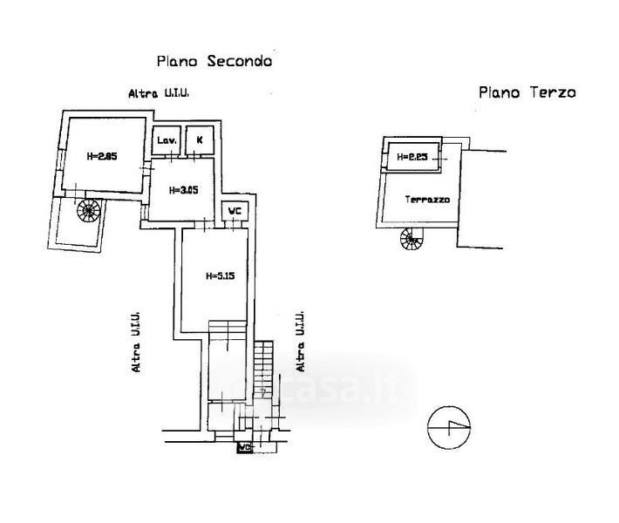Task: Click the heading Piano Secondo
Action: click(x=214, y=61)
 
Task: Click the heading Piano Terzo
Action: click(x=526, y=92)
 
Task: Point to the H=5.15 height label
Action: click(x=220, y=276)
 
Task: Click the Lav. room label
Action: click(x=167, y=140)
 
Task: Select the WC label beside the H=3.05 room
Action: click(x=234, y=211)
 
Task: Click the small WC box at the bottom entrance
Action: click(x=245, y=448)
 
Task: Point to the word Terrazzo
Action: click(x=427, y=200)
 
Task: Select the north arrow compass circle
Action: click(x=451, y=427)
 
